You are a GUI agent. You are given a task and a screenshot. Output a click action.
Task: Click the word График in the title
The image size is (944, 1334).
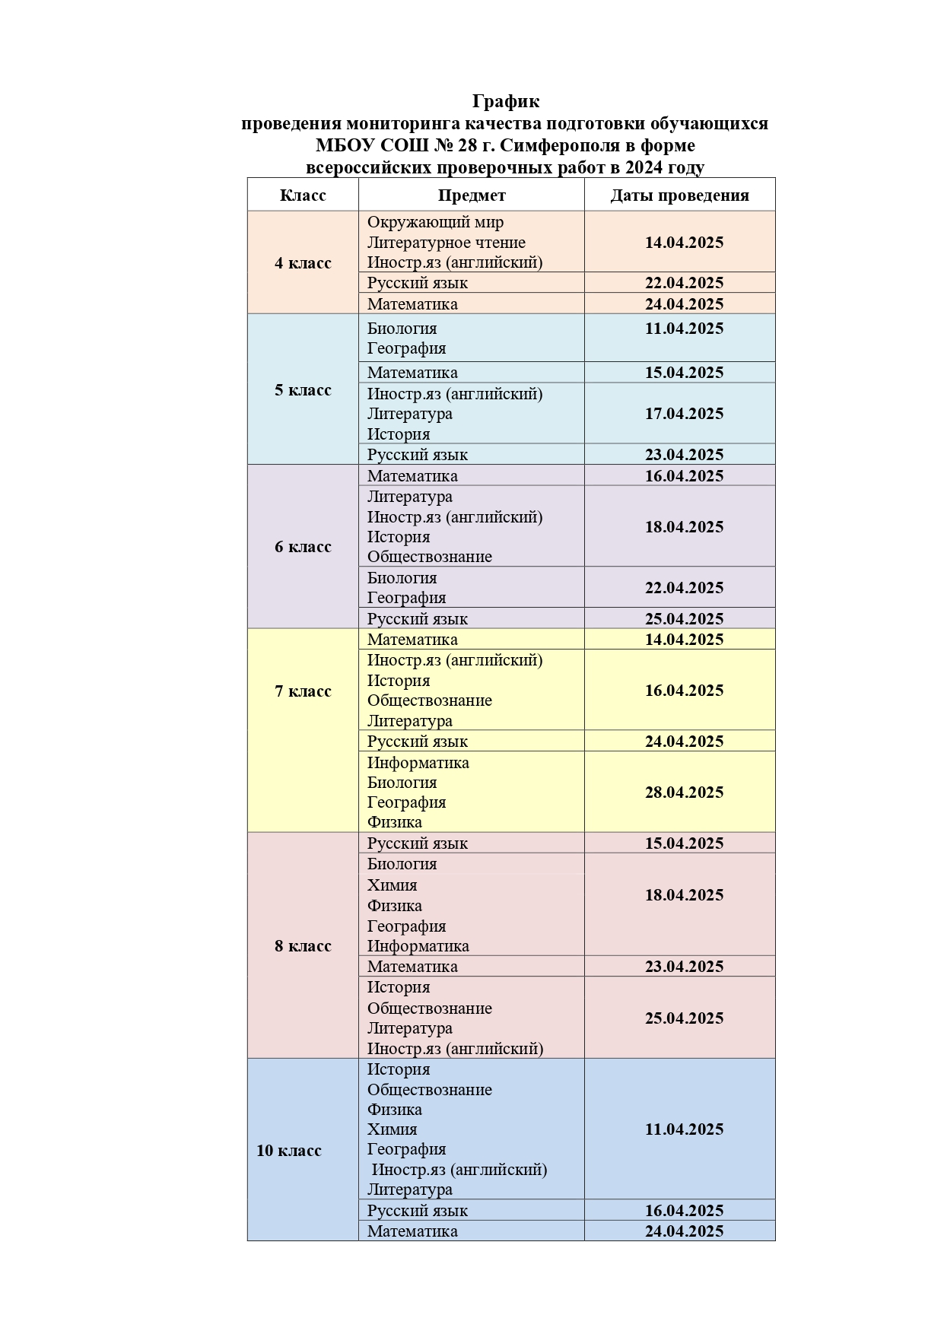coord(505,101)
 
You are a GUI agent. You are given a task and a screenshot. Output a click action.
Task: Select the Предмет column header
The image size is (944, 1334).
coord(472,195)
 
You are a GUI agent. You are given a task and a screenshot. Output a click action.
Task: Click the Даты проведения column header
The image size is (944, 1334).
coord(679,195)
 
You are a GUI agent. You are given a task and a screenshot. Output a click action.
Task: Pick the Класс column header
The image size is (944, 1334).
coord(303,195)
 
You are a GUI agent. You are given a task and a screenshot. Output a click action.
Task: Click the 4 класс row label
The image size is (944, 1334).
coord(303,263)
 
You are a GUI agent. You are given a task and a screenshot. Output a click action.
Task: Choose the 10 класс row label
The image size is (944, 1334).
coord(289,1151)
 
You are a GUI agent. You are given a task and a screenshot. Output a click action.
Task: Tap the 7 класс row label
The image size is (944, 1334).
coord(303,691)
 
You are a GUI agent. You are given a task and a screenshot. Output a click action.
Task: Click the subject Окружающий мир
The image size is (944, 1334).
coord(435,222)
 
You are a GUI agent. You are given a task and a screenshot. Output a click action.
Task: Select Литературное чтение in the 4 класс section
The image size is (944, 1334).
coord(446,243)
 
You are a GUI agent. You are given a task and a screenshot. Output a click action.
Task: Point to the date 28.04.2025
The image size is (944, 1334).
coord(684,792)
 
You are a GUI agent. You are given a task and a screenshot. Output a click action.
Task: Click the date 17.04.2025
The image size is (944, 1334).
coord(684,414)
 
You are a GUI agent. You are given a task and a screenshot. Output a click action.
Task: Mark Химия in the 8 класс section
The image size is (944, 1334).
coord(392,885)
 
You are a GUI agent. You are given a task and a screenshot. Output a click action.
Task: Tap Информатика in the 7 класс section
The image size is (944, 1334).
coord(418,763)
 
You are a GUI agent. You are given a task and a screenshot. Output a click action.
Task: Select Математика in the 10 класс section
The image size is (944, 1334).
coord(412,1231)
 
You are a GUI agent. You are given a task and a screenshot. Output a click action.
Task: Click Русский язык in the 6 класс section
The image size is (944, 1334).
coord(417,619)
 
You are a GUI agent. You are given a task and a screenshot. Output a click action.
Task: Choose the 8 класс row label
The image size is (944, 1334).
coord(303,946)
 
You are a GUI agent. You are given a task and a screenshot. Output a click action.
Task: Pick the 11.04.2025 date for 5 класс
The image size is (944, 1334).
coord(684,329)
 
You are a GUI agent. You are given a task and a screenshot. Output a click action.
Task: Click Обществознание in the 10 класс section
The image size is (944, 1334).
coord(429,1090)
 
